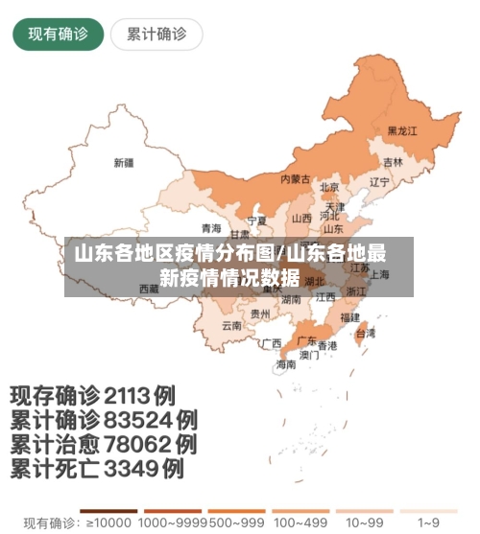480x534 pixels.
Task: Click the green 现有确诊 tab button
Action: (x=58, y=35)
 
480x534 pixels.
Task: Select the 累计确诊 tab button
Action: (x=156, y=35)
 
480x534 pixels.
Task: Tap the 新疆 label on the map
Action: (x=124, y=162)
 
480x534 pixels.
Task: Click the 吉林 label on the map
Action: (x=394, y=162)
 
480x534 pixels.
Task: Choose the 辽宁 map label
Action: (x=379, y=181)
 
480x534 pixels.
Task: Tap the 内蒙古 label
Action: (x=295, y=178)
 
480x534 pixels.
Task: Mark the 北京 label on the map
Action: (x=329, y=187)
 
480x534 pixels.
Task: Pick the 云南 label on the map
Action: (x=231, y=325)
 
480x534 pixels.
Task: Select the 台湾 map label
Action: (x=366, y=333)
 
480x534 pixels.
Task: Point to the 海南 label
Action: (x=286, y=364)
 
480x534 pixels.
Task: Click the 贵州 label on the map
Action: (x=260, y=313)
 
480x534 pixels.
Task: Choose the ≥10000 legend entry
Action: (x=108, y=523)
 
